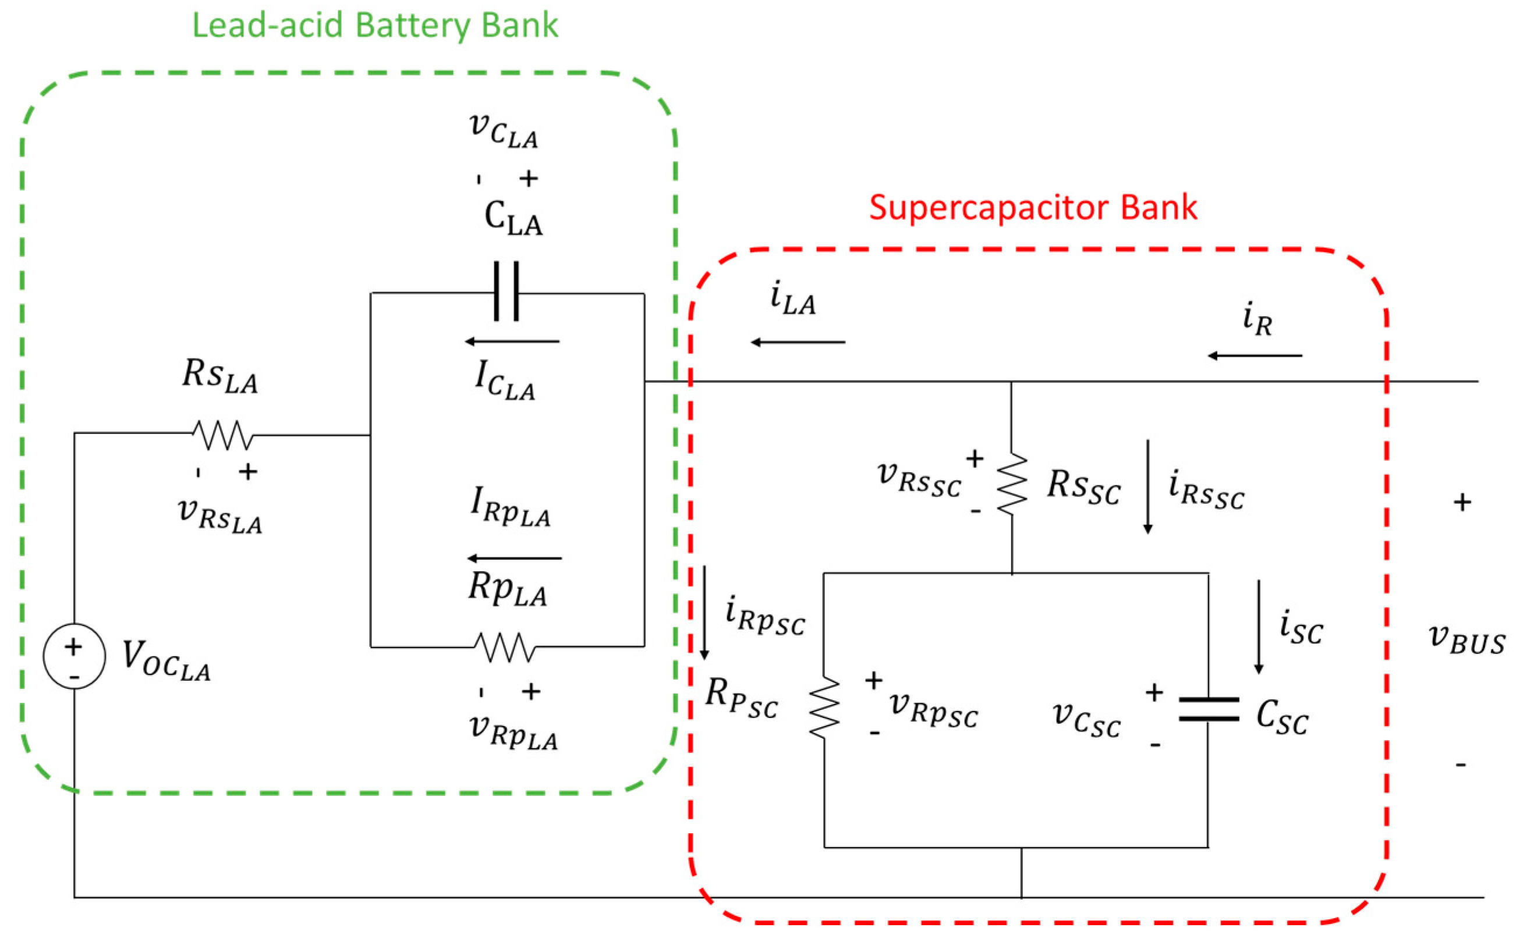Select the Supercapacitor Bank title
point(1033,208)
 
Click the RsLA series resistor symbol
point(222,435)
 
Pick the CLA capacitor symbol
point(506,292)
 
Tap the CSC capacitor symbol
point(1209,709)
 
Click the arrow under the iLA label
point(798,342)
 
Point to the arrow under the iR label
point(1255,356)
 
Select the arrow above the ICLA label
point(512,342)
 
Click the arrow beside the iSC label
point(1259,627)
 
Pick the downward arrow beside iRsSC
point(1147,486)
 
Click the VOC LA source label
point(166,660)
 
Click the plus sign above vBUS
point(1462,502)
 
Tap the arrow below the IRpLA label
point(514,558)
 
